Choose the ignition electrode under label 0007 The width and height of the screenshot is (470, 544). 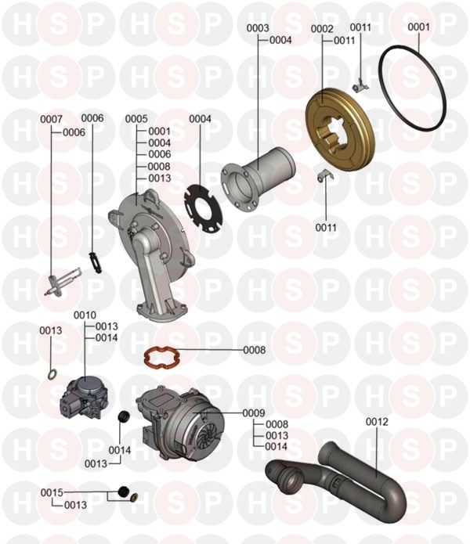click(63, 283)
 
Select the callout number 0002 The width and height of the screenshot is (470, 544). click(322, 28)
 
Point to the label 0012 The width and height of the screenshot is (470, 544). click(377, 422)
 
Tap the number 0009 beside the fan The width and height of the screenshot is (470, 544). click(254, 413)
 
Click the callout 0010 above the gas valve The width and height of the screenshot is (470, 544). click(85, 315)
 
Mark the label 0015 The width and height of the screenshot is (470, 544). click(52, 492)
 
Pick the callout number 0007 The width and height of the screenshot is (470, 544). click(51, 119)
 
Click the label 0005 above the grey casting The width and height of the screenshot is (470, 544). click(136, 119)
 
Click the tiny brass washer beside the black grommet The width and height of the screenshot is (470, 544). click(134, 497)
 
